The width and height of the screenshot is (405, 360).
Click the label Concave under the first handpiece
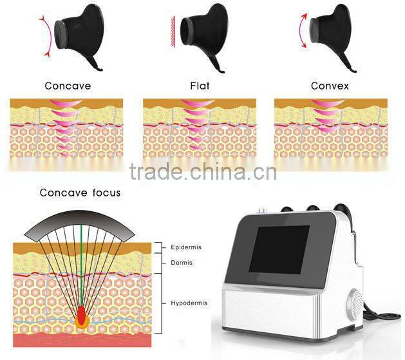pyautogui.click(x=68, y=86)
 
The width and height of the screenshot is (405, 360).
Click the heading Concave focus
pyautogui.click(x=80, y=193)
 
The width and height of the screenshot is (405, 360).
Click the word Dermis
pyautogui.click(x=182, y=263)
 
